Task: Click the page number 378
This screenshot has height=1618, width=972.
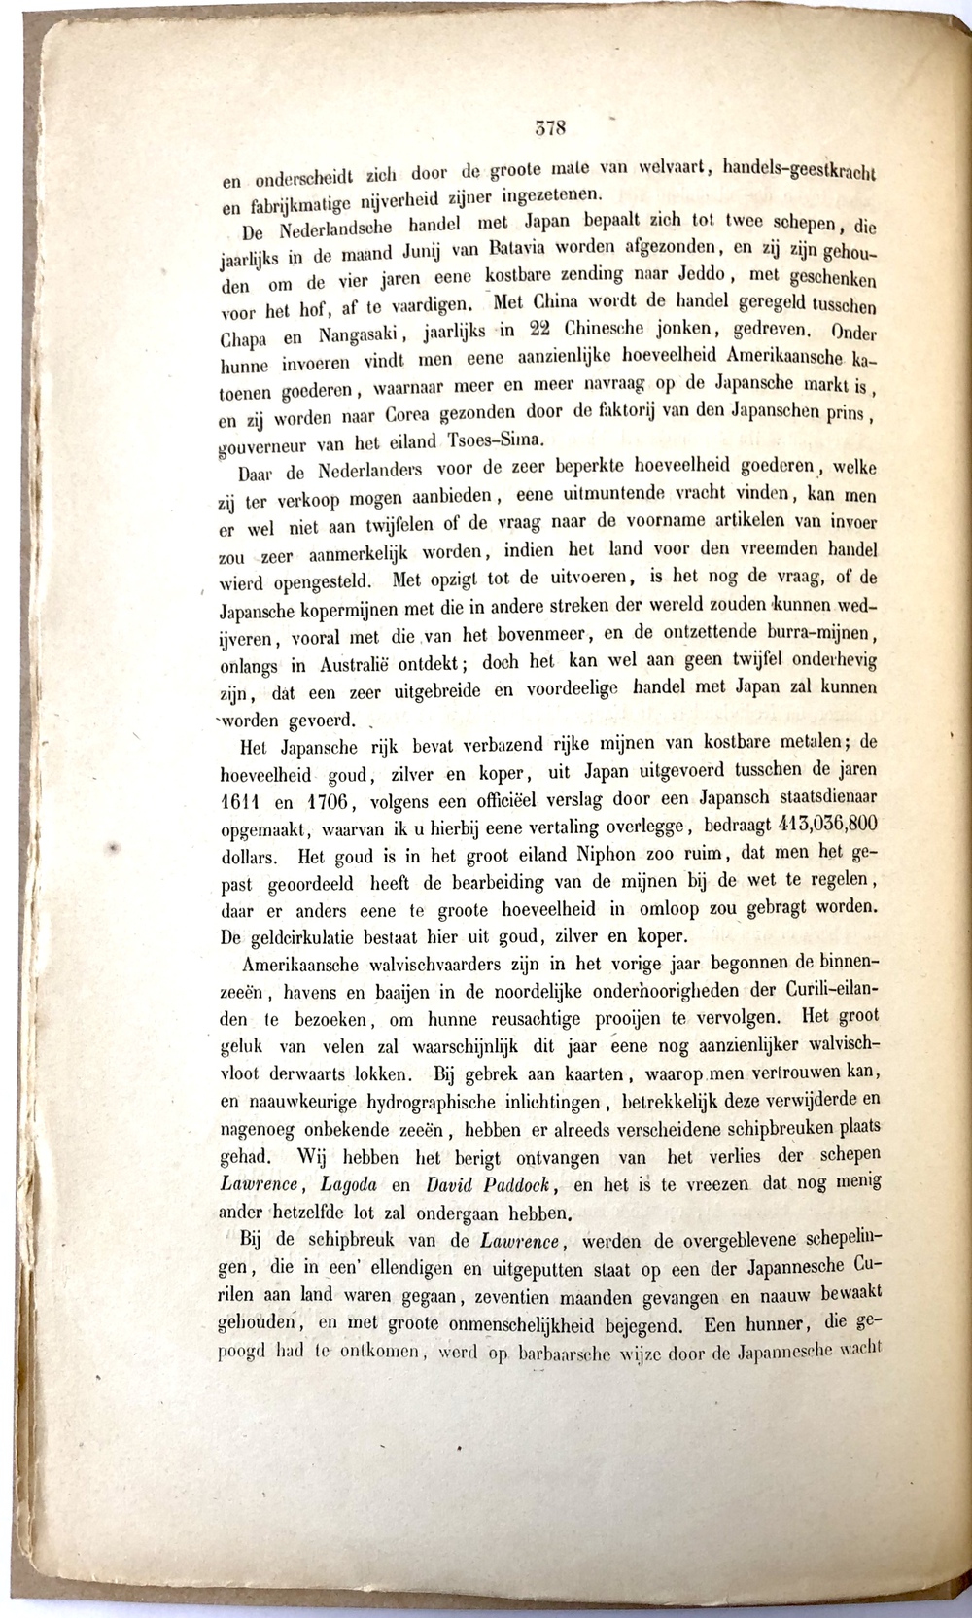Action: pos(550,125)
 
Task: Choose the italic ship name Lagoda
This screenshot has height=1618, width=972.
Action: pos(341,1187)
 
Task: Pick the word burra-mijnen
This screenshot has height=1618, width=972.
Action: pos(828,635)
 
